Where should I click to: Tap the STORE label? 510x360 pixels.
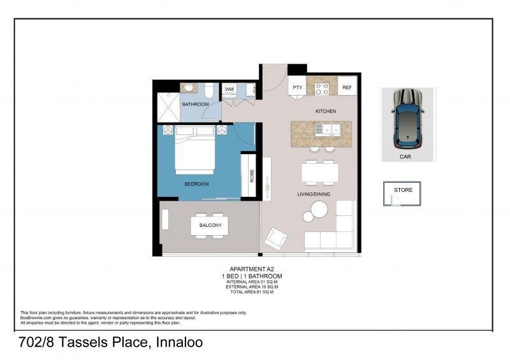click(403, 190)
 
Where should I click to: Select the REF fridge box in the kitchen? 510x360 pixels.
click(347, 87)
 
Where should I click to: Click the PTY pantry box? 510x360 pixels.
click(297, 87)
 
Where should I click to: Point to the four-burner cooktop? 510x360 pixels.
click(322, 89)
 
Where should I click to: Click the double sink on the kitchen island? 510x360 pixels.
click(330, 129)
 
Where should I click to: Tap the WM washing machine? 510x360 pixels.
click(229, 89)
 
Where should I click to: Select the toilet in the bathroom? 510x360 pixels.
click(209, 90)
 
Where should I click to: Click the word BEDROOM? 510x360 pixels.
click(196, 184)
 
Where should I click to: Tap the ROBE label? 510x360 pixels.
click(252, 175)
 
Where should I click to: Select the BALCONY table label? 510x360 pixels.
click(210, 226)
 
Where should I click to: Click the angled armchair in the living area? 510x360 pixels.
click(277, 238)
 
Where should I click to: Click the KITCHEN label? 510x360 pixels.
click(325, 112)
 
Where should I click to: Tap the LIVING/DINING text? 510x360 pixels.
click(313, 194)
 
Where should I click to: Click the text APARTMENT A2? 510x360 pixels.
click(249, 270)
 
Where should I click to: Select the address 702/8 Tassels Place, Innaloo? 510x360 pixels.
click(111, 343)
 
